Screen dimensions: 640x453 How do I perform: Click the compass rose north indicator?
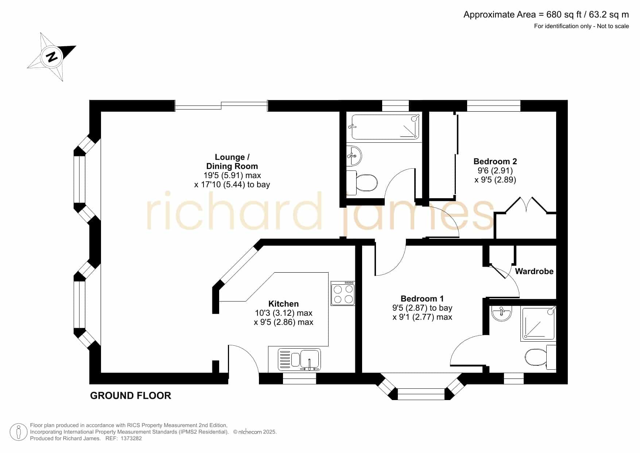[x=52, y=57]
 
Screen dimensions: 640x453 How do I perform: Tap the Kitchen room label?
[x=283, y=304]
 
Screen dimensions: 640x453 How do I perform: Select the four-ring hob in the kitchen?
[x=343, y=293]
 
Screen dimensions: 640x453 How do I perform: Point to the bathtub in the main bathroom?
[x=385, y=127]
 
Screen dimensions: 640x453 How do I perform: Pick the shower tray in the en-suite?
[x=539, y=324]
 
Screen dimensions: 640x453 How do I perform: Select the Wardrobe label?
[x=534, y=271]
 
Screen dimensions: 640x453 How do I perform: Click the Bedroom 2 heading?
[x=495, y=161]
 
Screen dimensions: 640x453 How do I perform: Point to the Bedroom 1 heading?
[x=422, y=299]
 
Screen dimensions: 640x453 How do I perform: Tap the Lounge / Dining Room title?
[x=232, y=162]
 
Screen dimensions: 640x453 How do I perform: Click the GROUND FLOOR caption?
[x=131, y=396]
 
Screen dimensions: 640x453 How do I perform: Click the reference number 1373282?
[x=131, y=438]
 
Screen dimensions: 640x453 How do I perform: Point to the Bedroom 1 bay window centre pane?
[x=421, y=395]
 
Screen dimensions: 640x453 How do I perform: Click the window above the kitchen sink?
[x=299, y=379]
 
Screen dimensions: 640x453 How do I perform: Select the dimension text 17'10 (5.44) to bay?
[x=232, y=184]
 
